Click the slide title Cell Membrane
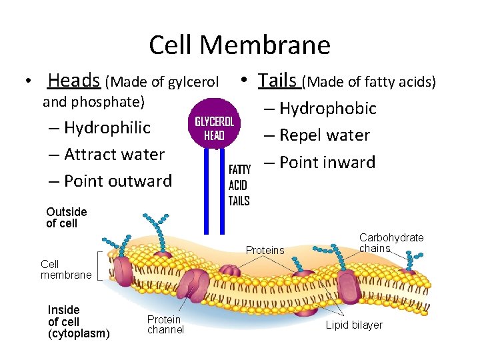pyautogui.click(x=239, y=45)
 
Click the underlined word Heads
pyautogui.click(x=73, y=81)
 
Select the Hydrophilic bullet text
pyautogui.click(x=107, y=127)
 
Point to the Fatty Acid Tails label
pyautogui.click(x=239, y=185)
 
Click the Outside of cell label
pyautogui.click(x=66, y=217)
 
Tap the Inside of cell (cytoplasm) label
pyautogui.click(x=79, y=321)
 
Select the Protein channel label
pyautogui.click(x=165, y=325)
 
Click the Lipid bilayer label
pyautogui.click(x=353, y=325)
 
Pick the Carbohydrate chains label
pyautogui.click(x=391, y=243)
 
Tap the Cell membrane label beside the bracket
pyautogui.click(x=65, y=269)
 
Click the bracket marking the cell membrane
pyautogui.click(x=99, y=265)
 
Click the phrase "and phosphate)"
pyautogui.click(x=93, y=102)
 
